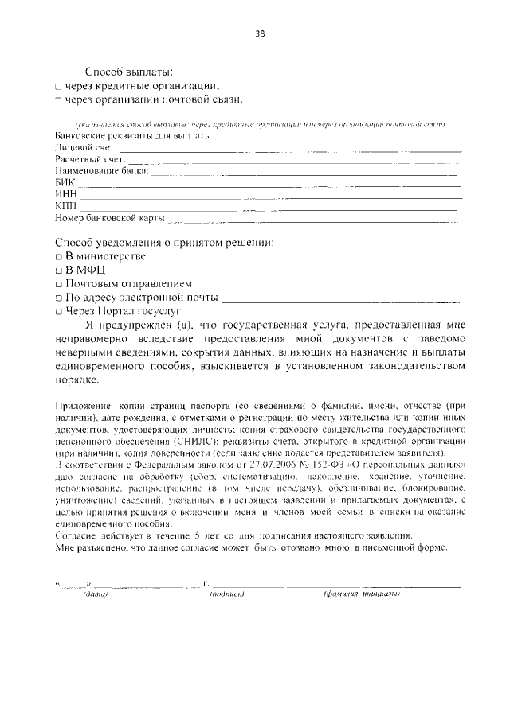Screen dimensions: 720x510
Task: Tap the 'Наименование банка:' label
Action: pos(101,171)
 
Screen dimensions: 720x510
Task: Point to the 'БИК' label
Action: pos(65,182)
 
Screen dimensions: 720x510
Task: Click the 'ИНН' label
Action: pos(66,194)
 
